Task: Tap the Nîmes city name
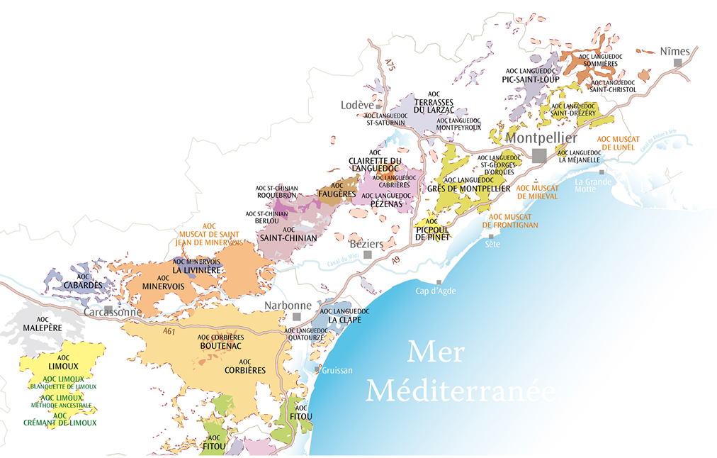(674, 51)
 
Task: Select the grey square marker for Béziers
(367, 255)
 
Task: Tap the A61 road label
(169, 331)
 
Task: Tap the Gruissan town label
(337, 370)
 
